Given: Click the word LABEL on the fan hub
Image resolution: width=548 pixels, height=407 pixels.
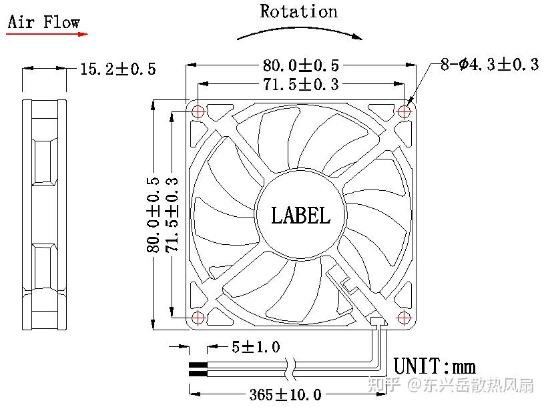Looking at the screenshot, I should click(x=300, y=216).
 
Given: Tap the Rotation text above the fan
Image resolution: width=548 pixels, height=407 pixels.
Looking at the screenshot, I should click(x=298, y=11).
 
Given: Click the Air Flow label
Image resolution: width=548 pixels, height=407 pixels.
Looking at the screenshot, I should click(x=43, y=22).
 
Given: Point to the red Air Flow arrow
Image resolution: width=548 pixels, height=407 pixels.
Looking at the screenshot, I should click(x=47, y=33).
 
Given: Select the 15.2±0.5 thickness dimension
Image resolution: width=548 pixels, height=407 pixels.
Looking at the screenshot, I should click(x=118, y=69).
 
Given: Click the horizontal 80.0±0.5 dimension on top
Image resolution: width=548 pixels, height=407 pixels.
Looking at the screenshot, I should click(x=300, y=65).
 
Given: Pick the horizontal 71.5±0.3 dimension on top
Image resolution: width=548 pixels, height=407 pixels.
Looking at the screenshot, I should click(x=300, y=85).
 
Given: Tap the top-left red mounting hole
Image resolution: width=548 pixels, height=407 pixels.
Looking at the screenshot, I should click(x=198, y=112).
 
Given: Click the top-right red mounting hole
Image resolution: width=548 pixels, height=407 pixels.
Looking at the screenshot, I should click(x=404, y=112).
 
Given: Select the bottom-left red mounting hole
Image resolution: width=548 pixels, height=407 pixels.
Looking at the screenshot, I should click(x=198, y=317).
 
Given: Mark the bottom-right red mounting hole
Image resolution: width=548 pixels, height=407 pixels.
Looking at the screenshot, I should click(x=404, y=317).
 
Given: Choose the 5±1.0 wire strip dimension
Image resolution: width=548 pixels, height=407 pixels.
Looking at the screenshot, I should click(x=256, y=347).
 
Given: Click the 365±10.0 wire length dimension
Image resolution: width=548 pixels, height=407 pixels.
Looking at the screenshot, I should click(x=285, y=395).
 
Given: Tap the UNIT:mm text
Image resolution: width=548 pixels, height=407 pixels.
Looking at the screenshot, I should click(x=435, y=366).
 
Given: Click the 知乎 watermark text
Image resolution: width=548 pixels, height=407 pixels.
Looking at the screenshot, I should click(x=386, y=385).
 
